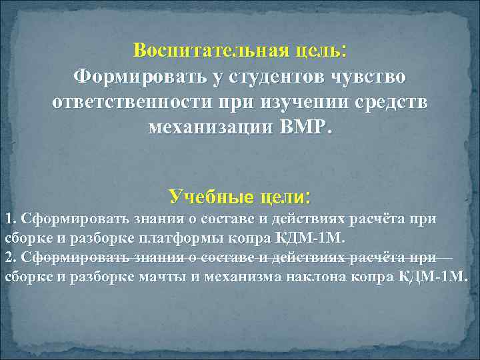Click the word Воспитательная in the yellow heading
pyautogui.click(x=205, y=51)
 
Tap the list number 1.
pyautogui.click(x=8, y=219)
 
